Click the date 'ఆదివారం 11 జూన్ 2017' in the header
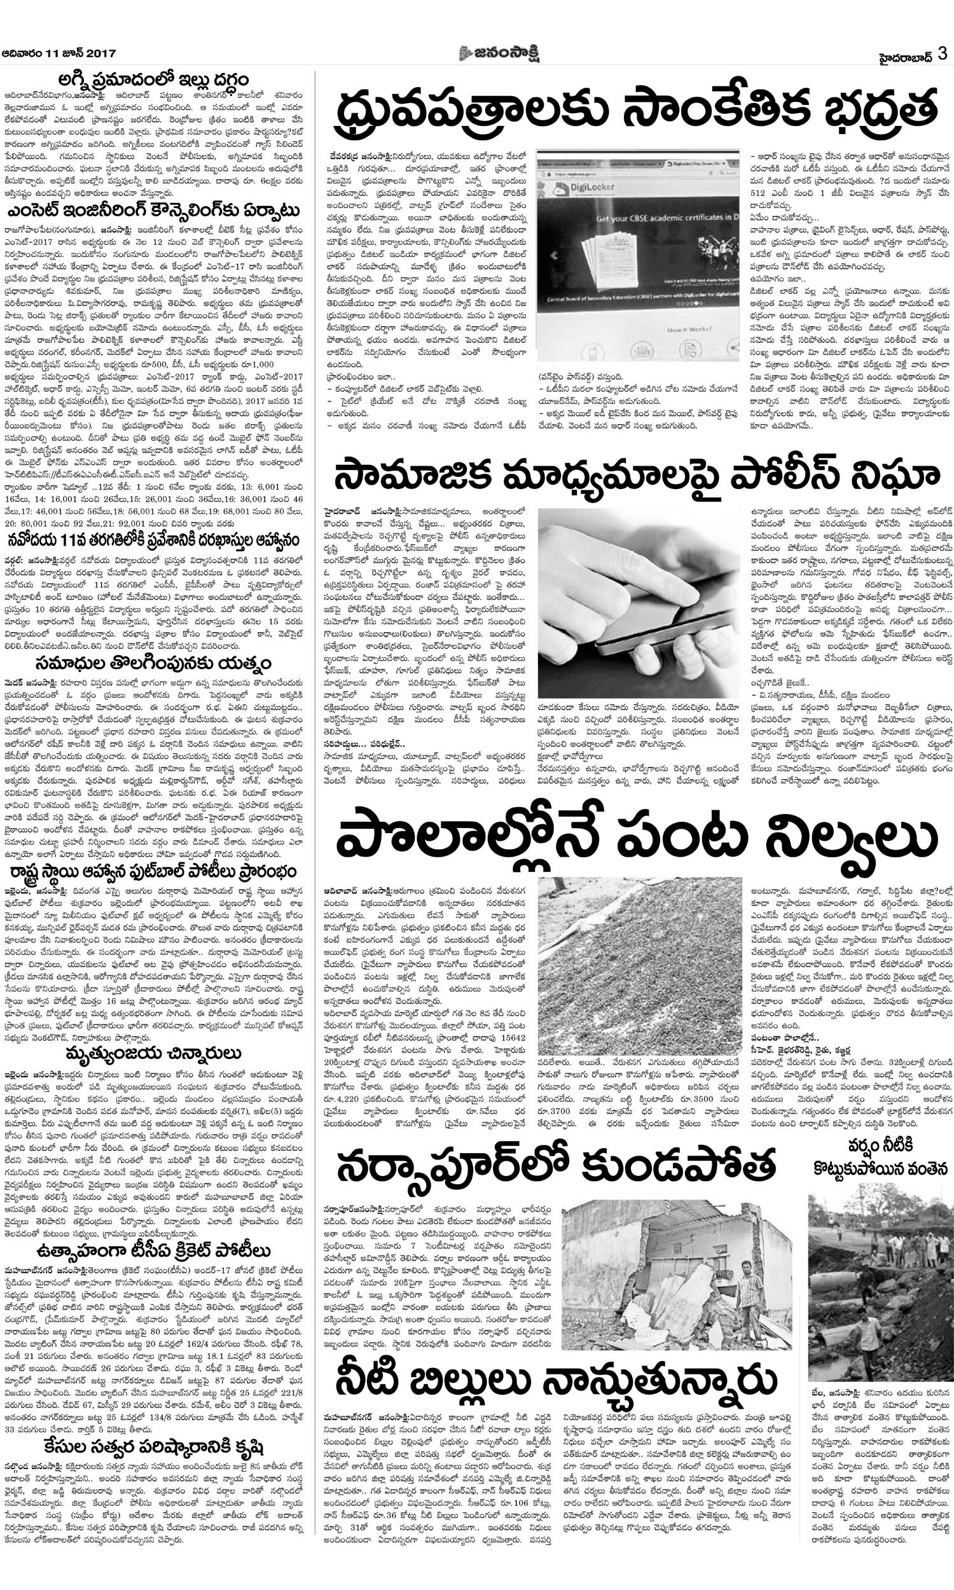[x=50, y=53]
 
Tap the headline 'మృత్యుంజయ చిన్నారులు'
[x=153, y=1052]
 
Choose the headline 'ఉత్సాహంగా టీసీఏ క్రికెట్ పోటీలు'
[x=153, y=1233]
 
